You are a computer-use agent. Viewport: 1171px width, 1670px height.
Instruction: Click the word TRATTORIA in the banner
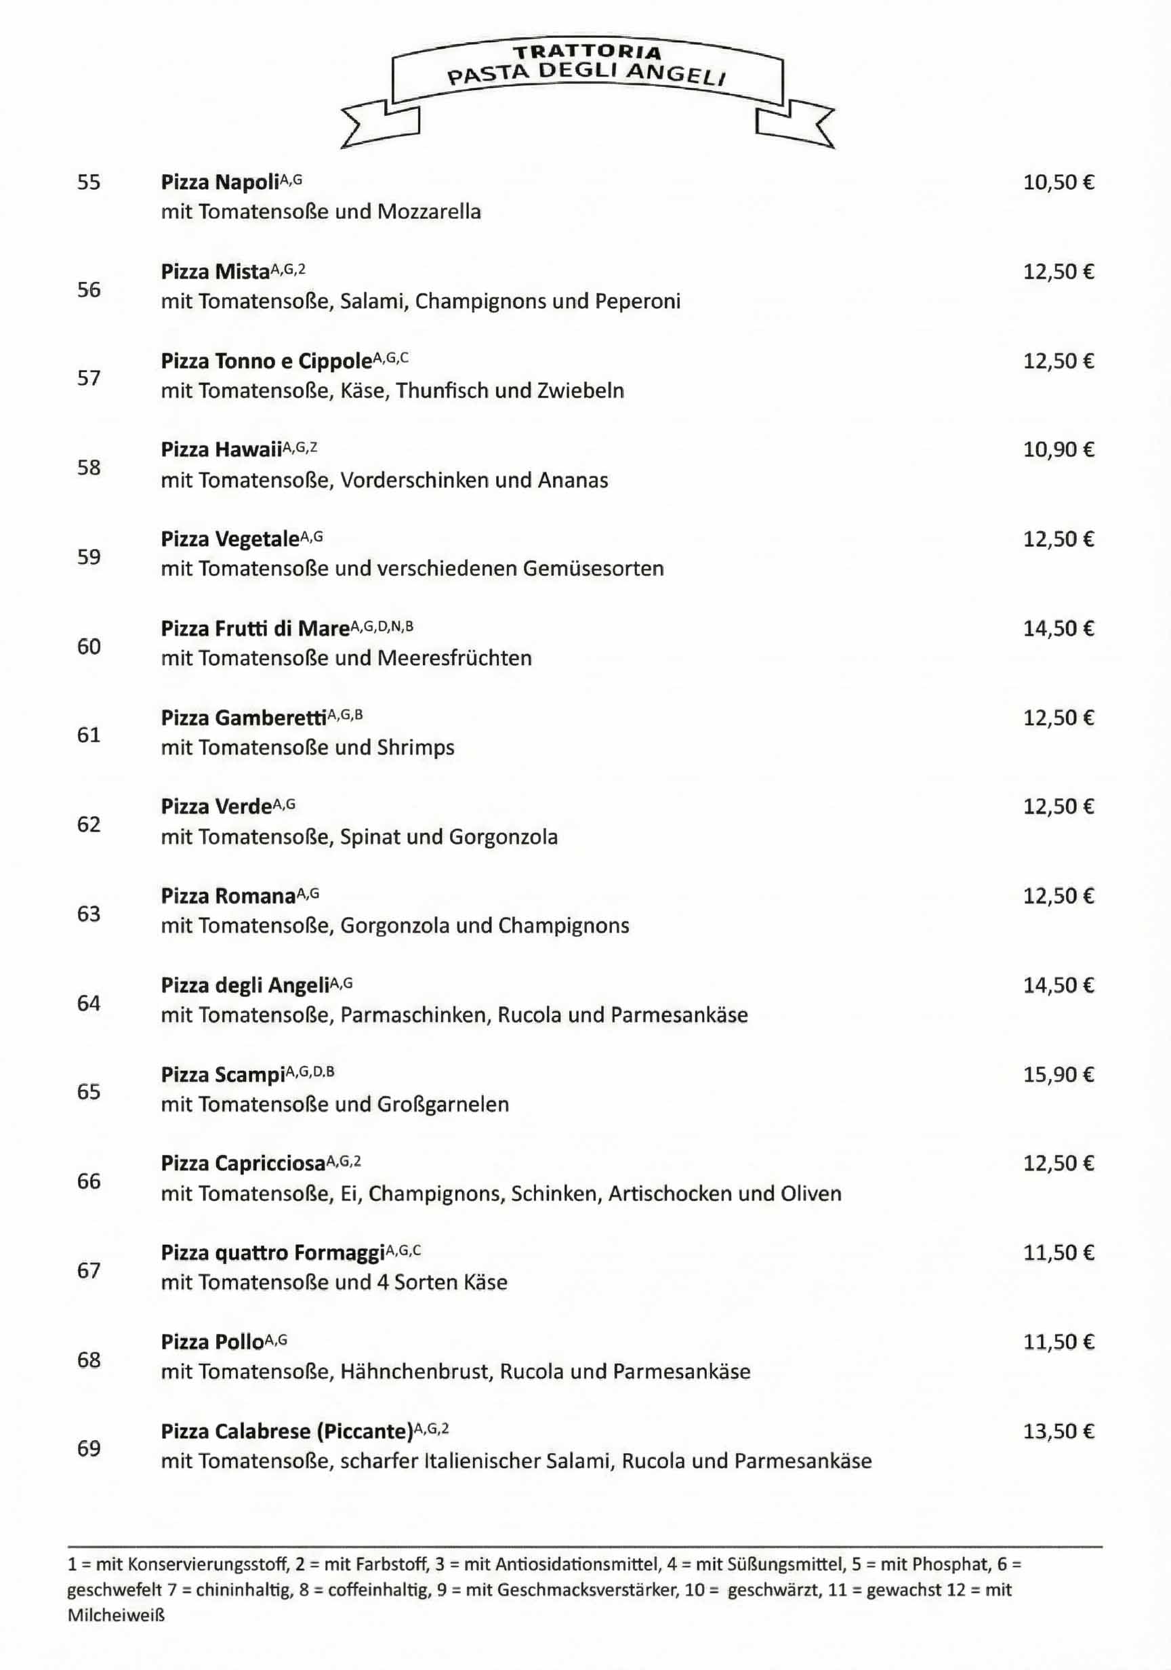click(x=588, y=52)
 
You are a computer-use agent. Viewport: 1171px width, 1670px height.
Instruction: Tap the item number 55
click(x=89, y=182)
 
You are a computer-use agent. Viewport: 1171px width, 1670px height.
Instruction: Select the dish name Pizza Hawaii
click(x=221, y=450)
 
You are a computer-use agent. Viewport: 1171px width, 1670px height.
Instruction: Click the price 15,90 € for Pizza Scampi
click(x=1059, y=1075)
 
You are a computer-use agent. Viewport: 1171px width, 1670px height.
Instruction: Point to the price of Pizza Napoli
click(x=1059, y=182)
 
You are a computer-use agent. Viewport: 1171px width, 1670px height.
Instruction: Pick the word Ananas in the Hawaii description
click(x=573, y=480)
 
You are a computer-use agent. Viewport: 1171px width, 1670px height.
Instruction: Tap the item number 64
click(x=89, y=1003)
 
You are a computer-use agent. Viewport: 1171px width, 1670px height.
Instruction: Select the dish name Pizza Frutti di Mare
click(x=255, y=628)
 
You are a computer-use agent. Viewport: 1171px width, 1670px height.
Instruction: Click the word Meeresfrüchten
click(x=454, y=658)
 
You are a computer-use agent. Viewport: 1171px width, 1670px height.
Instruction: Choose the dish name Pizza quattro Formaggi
click(x=272, y=1253)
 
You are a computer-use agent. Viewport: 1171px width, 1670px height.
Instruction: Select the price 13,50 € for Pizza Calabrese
click(x=1059, y=1431)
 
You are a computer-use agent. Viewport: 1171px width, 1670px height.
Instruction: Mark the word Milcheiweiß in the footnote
click(x=117, y=1616)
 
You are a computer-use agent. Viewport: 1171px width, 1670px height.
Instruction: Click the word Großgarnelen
click(x=443, y=1104)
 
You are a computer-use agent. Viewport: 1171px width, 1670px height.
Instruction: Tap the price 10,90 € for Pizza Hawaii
click(x=1059, y=449)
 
